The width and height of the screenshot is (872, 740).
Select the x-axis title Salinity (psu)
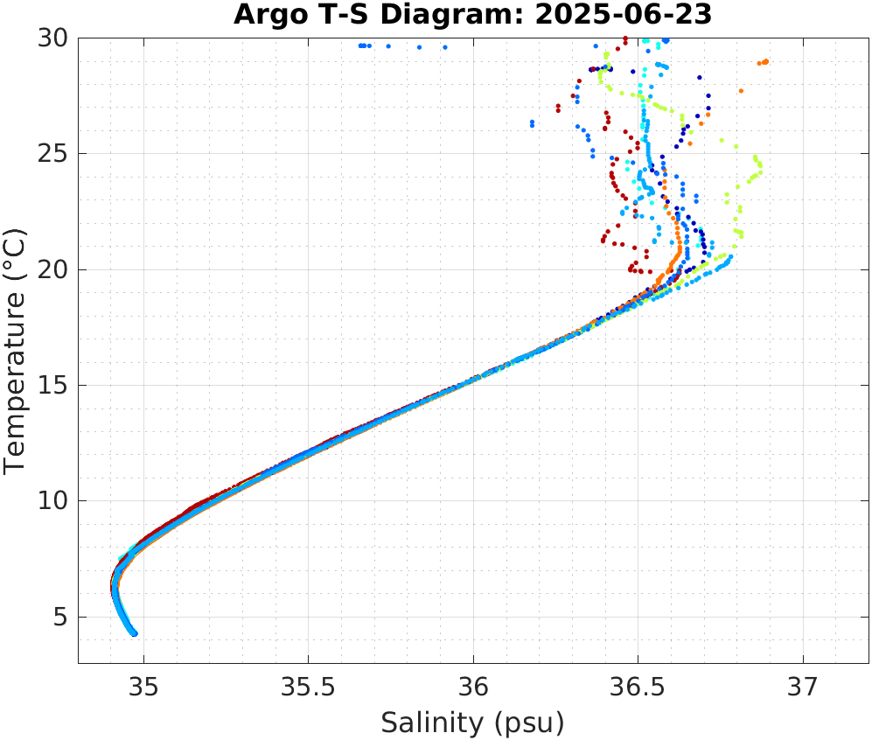(472, 723)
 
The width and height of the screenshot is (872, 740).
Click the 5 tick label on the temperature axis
(60, 617)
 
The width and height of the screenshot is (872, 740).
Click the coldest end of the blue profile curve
(134, 633)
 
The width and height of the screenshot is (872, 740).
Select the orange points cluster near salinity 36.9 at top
(763, 62)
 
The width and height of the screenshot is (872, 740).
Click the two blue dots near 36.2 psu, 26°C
(532, 123)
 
